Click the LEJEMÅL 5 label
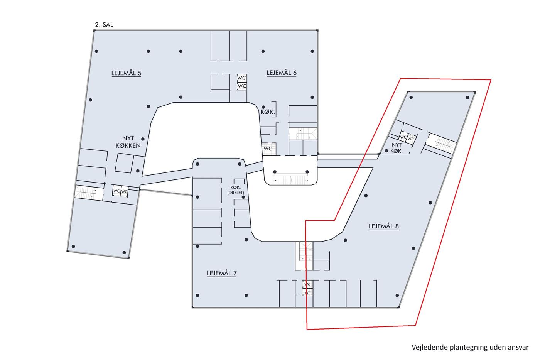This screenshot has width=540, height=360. tap(126, 73)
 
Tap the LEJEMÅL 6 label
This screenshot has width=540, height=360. tap(282, 73)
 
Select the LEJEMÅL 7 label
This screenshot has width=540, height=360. tap(221, 273)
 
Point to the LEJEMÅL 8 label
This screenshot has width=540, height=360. tap(383, 226)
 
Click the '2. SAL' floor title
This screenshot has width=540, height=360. tap(104, 25)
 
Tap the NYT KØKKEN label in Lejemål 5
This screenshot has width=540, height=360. tap(128, 142)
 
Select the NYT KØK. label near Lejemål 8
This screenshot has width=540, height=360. tap(397, 148)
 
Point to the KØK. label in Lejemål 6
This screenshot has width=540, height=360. tap(268, 112)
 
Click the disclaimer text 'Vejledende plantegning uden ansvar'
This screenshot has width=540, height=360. tap(469, 347)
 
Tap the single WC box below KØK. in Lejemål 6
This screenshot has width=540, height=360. tap(268, 148)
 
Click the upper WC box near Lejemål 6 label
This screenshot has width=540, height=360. tap(241, 78)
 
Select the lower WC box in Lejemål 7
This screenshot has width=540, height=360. tap(308, 293)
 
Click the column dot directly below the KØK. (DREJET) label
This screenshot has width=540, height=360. tap(244, 197)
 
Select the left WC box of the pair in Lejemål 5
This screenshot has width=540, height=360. tap(116, 191)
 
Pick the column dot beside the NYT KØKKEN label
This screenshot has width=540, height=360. tap(143, 139)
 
